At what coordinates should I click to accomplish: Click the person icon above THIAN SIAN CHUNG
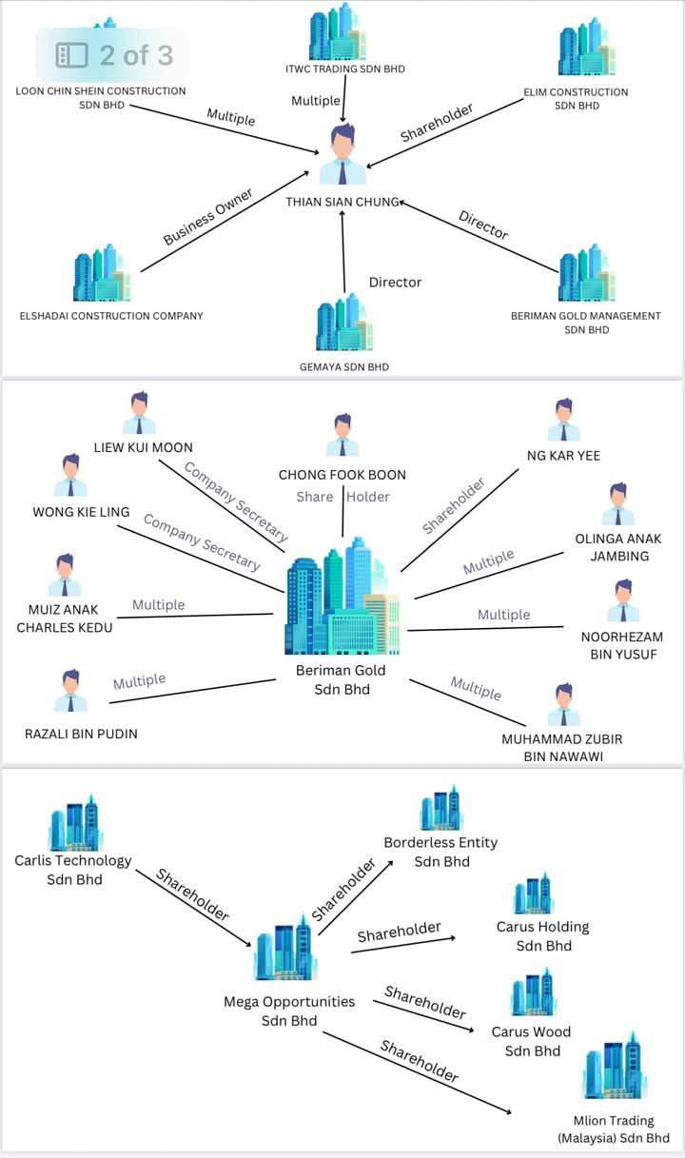pos(342,154)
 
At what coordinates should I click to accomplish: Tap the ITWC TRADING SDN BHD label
pos(344,69)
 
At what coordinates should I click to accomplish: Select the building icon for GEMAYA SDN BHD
pos(343,323)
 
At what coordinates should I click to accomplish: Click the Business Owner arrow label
pos(208,217)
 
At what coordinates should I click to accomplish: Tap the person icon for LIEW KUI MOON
pos(140,412)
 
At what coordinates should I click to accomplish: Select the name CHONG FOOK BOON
pos(342,475)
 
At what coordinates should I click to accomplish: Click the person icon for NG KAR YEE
pos(563,420)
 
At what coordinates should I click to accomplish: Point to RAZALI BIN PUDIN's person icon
pos(70,691)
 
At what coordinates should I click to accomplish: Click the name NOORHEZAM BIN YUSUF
pos(622,645)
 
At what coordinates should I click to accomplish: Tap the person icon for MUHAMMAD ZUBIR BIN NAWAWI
pos(563,704)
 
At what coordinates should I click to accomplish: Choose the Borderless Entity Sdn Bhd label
pos(440,852)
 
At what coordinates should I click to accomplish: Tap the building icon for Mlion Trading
pos(614,1066)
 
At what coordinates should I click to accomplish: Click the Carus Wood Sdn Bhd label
pos(532,1041)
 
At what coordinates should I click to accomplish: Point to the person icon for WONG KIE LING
pos(70,475)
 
